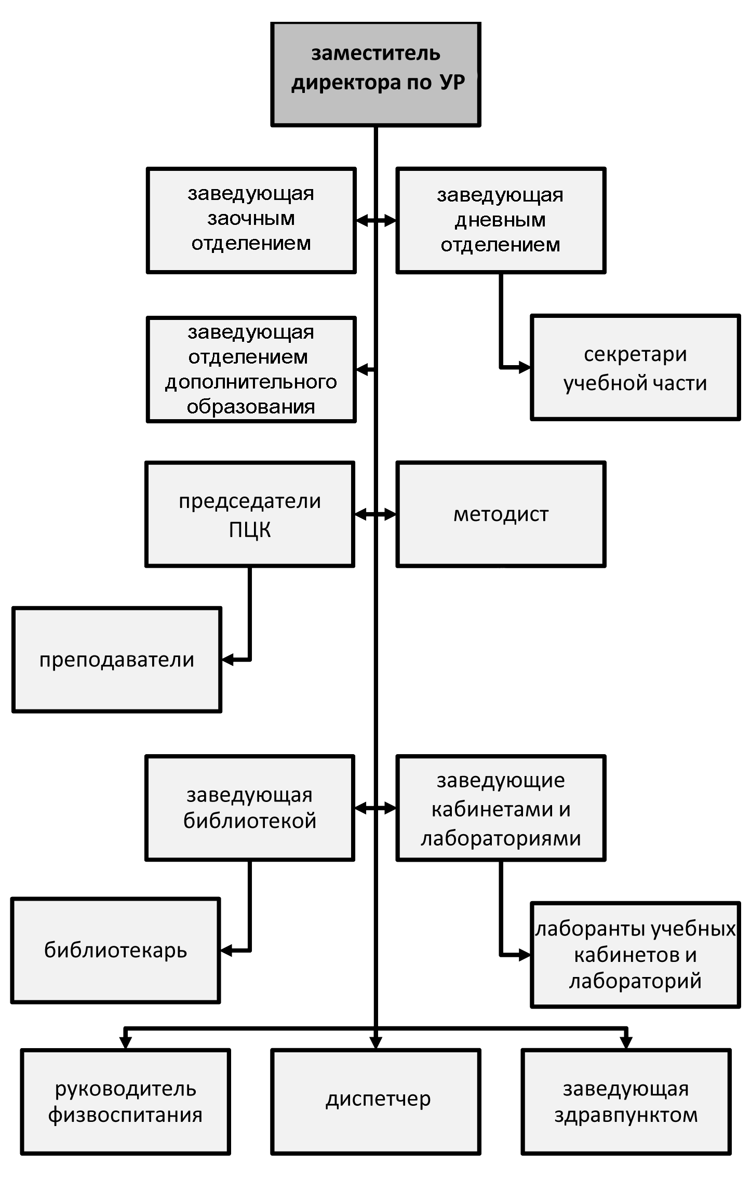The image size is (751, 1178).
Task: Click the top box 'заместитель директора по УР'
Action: [x=376, y=74]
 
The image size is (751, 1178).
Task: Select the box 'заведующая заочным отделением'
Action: [x=251, y=220]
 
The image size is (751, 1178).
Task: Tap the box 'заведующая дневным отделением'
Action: [x=501, y=220]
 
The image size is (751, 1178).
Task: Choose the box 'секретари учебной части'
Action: [x=635, y=367]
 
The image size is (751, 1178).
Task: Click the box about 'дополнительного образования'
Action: [x=251, y=369]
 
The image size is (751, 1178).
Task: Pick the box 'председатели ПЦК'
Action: [x=250, y=514]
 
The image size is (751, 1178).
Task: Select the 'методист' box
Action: [x=501, y=514]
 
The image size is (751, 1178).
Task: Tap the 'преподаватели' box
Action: [x=117, y=660]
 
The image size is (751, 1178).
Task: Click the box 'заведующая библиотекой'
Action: [x=250, y=808]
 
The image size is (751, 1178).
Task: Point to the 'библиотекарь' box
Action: [x=116, y=951]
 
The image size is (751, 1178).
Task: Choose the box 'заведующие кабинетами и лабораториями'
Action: [x=501, y=808]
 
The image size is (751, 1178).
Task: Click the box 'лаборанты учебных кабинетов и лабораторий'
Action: [x=635, y=955]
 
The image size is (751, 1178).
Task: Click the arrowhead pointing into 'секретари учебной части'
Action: [x=524, y=367]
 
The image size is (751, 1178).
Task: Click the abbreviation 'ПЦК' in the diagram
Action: [x=250, y=530]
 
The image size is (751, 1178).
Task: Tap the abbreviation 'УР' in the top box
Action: [x=452, y=82]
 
